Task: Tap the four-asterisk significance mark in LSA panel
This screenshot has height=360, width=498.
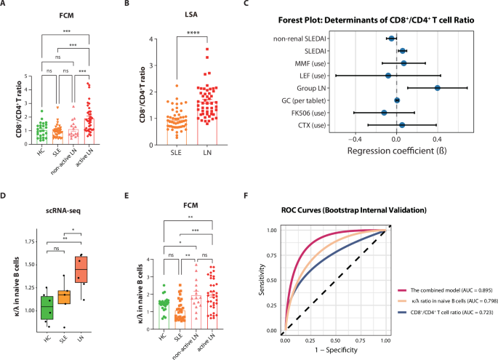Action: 214,31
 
